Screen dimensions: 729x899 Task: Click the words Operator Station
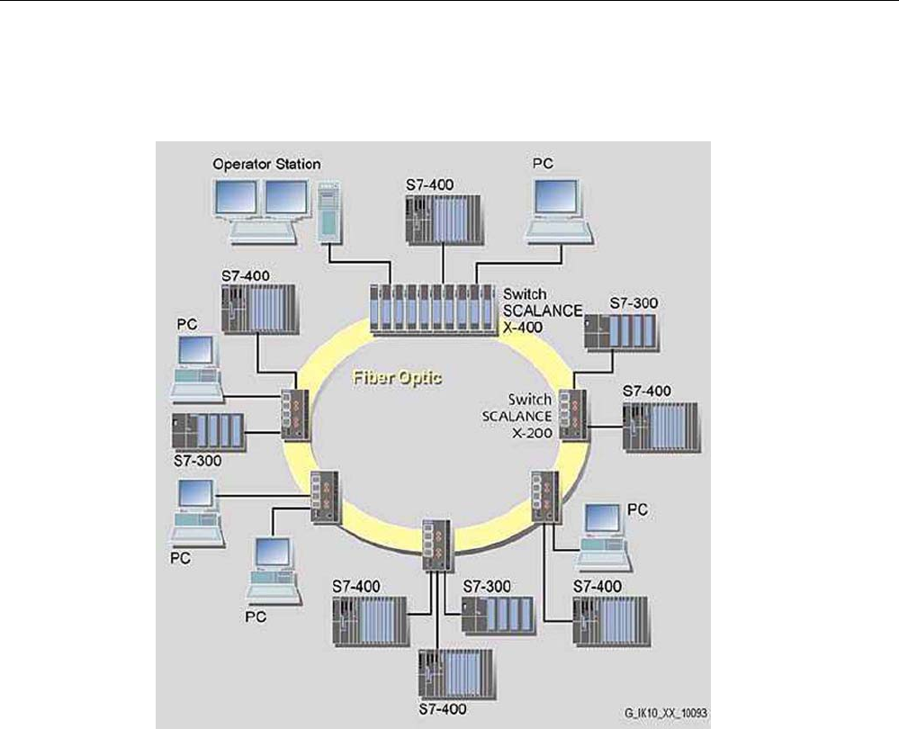coord(266,165)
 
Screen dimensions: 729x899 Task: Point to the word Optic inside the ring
coord(420,379)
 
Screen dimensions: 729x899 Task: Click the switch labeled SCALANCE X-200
coord(571,414)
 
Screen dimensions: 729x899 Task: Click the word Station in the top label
coord(298,165)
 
